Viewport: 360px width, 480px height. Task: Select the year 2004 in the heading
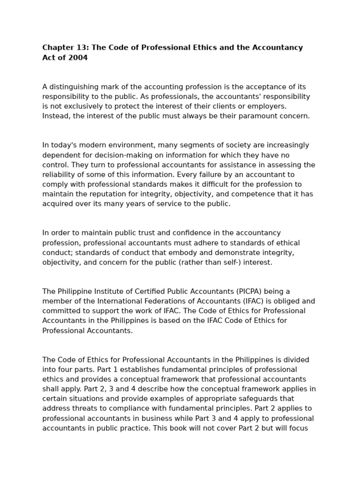point(78,58)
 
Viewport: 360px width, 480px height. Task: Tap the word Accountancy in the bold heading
point(278,48)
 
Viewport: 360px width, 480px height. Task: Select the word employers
point(268,106)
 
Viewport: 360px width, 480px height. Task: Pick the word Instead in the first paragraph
point(55,116)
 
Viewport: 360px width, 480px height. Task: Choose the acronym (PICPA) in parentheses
point(258,292)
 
